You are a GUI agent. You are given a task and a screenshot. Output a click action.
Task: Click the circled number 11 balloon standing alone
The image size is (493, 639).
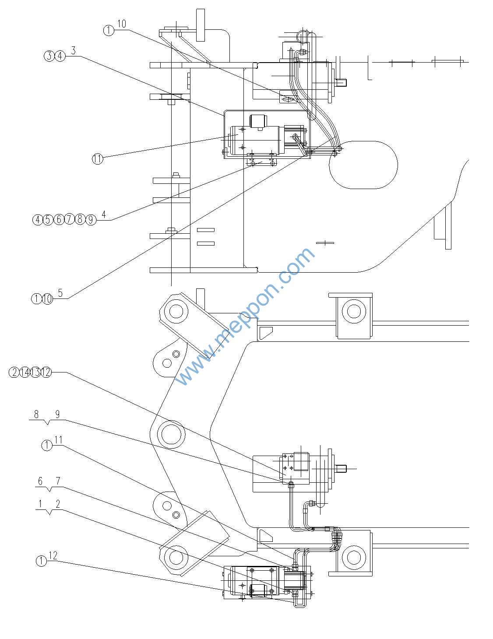[x=97, y=159]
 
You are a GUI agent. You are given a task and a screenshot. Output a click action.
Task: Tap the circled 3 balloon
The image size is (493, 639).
[x=49, y=56]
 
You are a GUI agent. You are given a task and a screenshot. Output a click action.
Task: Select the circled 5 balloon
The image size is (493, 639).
[x=48, y=219]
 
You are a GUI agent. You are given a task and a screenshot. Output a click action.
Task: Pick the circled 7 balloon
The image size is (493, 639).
[x=70, y=219]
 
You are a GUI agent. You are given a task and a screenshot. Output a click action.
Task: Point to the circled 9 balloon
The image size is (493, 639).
[x=91, y=219]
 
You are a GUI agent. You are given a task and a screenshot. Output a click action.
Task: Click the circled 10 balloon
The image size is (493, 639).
[x=47, y=299]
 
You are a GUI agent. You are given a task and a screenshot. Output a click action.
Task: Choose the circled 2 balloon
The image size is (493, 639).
[x=14, y=372]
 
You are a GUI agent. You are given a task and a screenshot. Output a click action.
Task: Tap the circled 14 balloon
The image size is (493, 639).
[x=25, y=372]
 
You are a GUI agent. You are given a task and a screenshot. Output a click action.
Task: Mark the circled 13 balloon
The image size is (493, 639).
[x=35, y=372]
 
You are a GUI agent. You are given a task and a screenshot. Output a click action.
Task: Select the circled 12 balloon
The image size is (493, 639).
[x=46, y=372]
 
